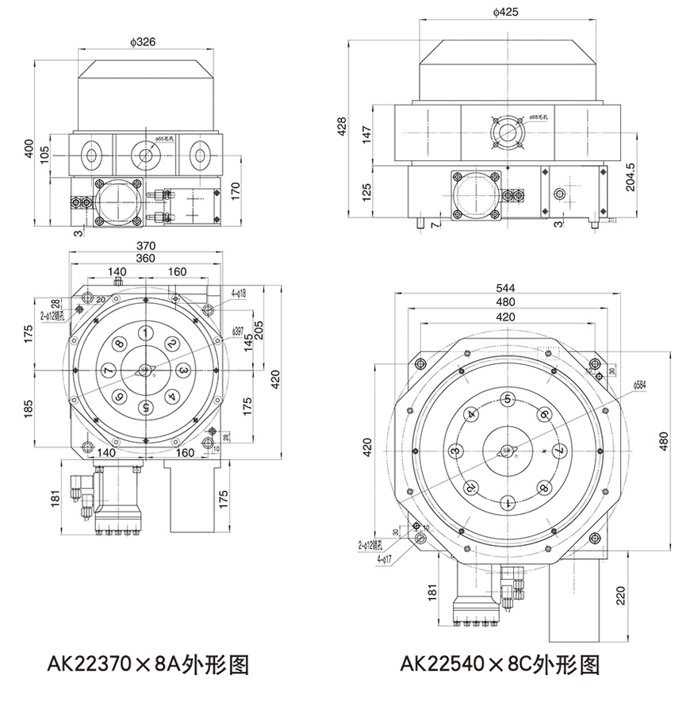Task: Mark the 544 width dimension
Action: point(505,289)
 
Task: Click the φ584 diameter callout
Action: point(642,386)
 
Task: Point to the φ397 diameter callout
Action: point(237,331)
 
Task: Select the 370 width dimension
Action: point(146,246)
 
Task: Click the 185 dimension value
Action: point(29,409)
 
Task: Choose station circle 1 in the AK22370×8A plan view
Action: point(146,332)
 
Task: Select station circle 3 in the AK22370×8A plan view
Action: point(182,370)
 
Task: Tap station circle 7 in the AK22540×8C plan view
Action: point(559,450)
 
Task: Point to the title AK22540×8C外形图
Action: point(500,662)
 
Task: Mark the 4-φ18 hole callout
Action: point(239,293)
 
